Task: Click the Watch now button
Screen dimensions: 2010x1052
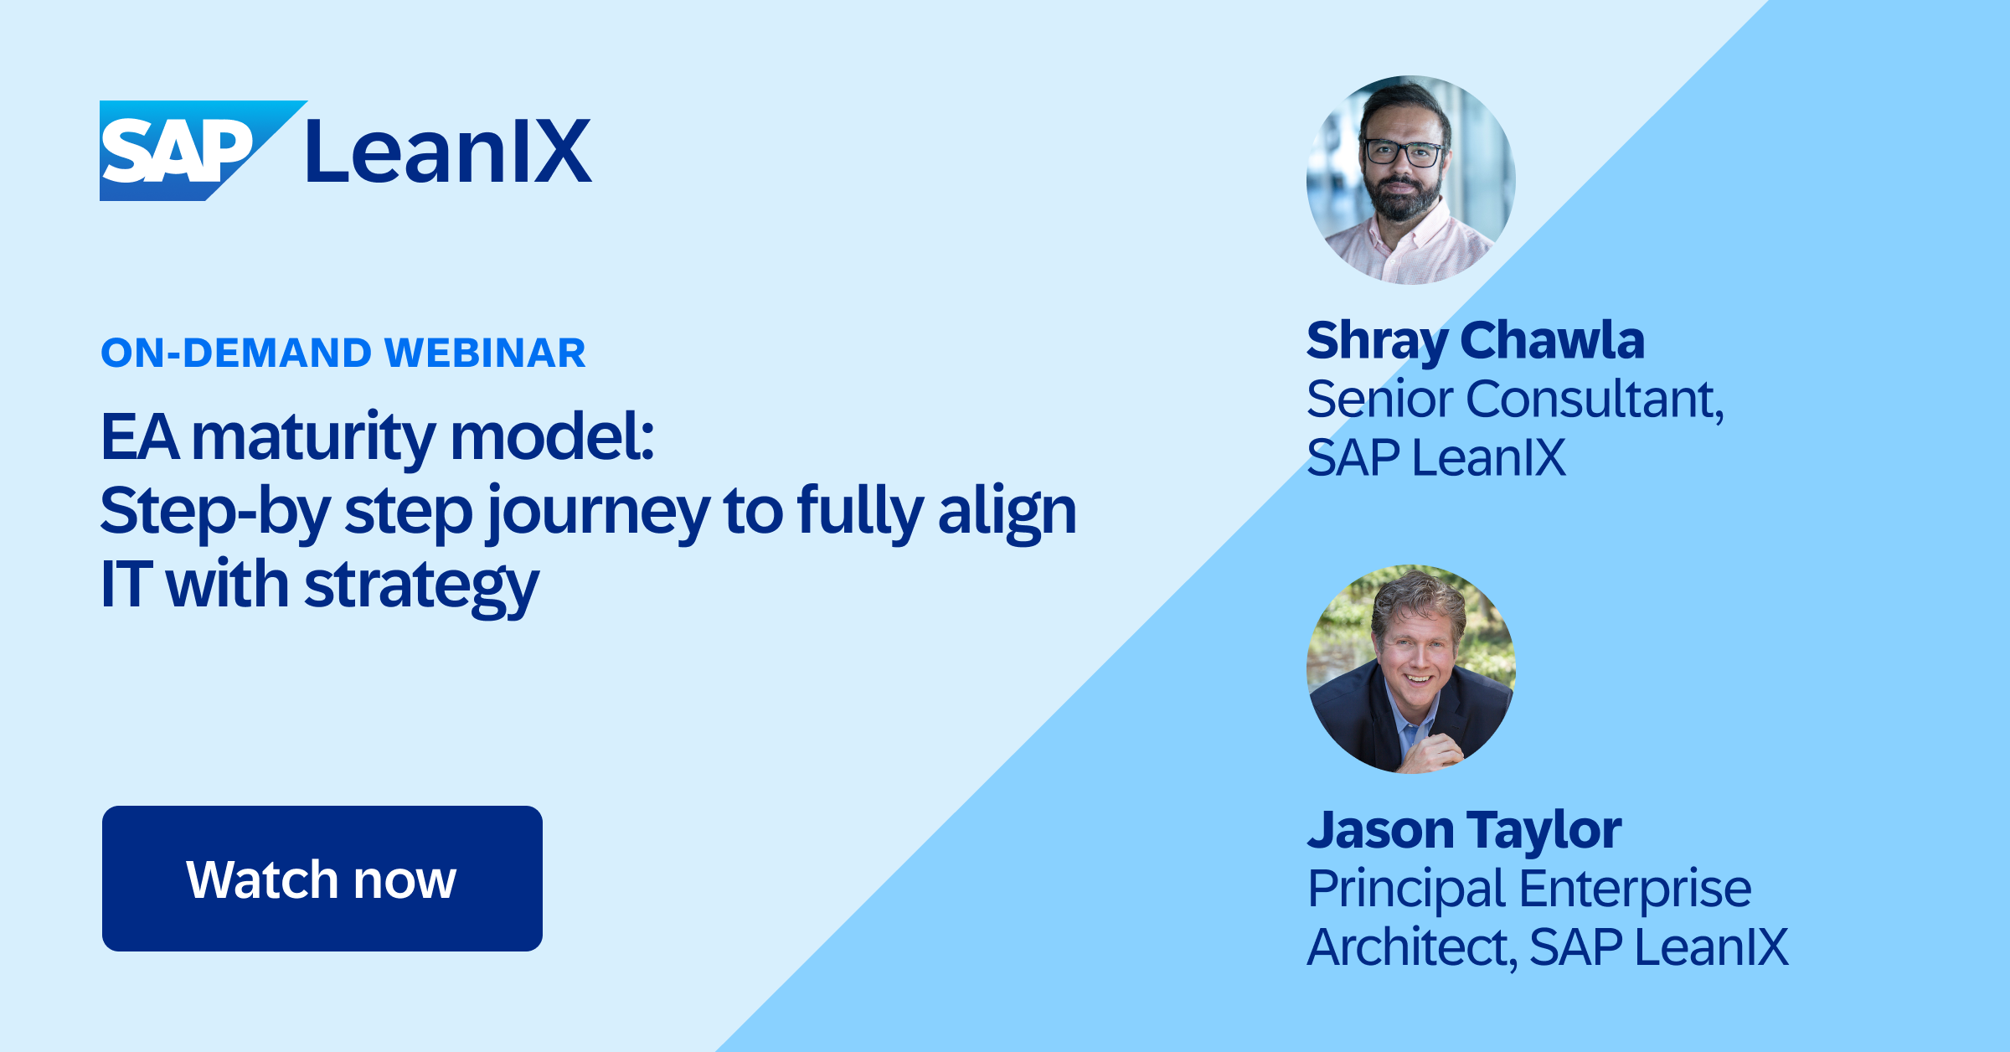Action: (x=322, y=879)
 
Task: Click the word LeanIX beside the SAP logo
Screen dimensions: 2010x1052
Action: (x=449, y=152)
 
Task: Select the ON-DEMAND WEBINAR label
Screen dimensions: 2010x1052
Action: (x=343, y=353)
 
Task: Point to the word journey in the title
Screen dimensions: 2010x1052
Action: (x=598, y=513)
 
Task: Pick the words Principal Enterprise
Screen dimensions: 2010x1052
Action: (x=1529, y=888)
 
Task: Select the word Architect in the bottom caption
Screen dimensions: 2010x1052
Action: (x=1412, y=947)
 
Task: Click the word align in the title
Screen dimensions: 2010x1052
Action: (x=1008, y=513)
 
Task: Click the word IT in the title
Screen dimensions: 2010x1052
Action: (x=126, y=584)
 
